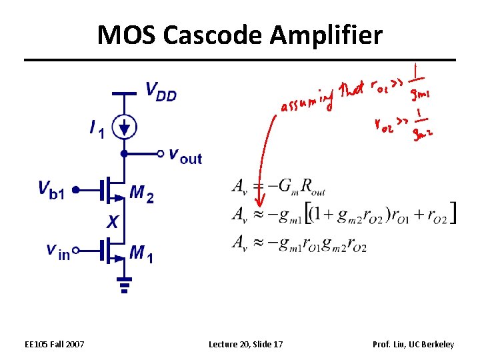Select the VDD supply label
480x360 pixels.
161,92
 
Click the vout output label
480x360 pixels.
185,157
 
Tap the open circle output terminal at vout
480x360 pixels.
160,153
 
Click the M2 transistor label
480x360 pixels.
142,193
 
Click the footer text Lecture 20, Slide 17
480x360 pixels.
245,344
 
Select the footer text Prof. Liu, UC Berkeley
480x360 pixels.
414,344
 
